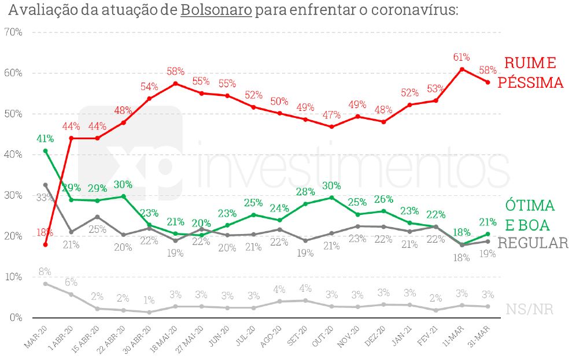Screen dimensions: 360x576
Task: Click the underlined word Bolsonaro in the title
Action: [216, 10]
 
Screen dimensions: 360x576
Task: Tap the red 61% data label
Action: [461, 57]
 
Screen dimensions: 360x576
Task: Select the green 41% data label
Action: [45, 138]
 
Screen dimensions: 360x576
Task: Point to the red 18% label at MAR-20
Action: [45, 233]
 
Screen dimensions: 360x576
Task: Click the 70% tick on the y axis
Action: [13, 32]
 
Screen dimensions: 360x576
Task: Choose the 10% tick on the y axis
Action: [13, 277]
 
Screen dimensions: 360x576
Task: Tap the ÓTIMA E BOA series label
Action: [530, 215]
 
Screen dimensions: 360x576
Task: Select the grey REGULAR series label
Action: [533, 243]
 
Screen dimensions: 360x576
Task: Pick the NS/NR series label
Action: [530, 310]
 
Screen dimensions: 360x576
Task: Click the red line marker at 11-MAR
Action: [461, 69]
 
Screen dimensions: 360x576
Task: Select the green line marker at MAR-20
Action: [45, 151]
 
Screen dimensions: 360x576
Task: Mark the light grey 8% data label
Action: [45, 271]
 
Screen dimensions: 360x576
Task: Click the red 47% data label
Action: [331, 114]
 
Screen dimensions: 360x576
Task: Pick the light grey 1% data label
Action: [149, 300]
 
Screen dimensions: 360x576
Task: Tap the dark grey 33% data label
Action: [43, 198]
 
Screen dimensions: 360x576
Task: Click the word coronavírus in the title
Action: [411, 10]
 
